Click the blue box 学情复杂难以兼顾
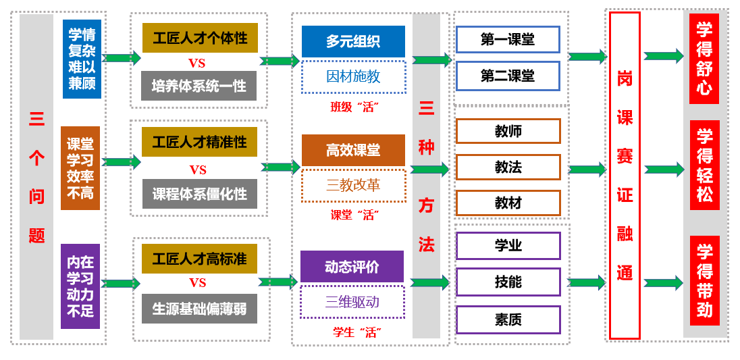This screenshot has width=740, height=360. click(82, 59)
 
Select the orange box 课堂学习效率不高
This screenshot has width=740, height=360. click(80, 168)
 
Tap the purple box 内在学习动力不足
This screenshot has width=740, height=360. click(80, 286)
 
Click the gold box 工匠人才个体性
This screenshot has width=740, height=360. click(200, 38)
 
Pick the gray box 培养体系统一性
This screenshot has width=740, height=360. click(199, 86)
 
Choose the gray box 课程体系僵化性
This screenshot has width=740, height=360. click(199, 194)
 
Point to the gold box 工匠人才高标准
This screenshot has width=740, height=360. click(199, 259)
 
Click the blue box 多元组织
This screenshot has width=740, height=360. click(353, 41)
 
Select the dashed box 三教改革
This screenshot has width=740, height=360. click(353, 185)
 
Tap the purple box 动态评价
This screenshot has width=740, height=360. click(352, 267)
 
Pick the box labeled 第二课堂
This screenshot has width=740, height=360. click(508, 76)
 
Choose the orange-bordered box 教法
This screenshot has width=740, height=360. click(508, 167)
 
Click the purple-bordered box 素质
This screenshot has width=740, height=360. click(508, 319)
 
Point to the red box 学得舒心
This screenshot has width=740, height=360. click(704, 59)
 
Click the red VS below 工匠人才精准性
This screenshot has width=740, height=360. click(198, 170)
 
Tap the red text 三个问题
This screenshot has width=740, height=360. click(36, 178)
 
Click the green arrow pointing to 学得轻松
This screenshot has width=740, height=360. click(664, 169)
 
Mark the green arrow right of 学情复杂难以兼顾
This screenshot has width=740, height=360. click(122, 58)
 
